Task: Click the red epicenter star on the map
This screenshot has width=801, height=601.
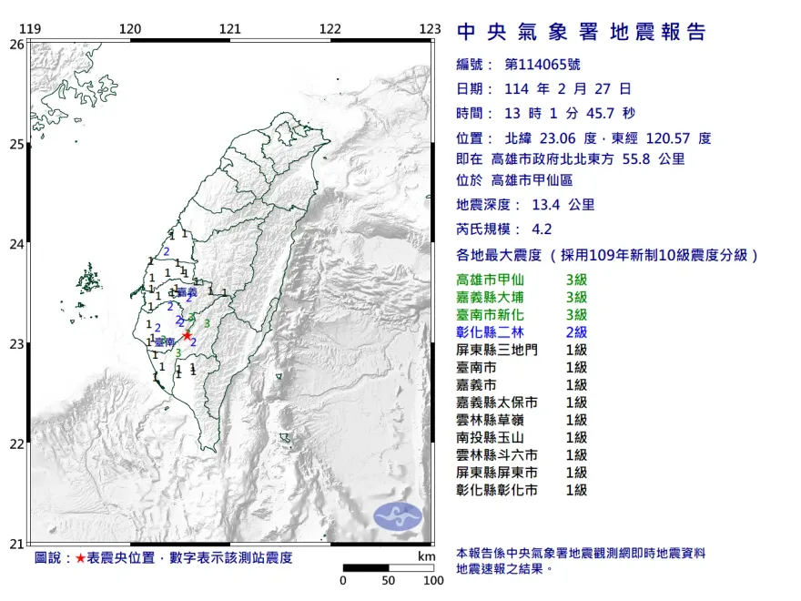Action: [188, 335]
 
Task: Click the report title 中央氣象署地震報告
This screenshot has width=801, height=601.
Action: [582, 34]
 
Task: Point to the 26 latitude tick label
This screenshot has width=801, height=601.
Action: [16, 44]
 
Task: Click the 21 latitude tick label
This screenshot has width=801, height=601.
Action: [16, 544]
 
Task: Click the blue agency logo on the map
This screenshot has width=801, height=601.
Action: [399, 515]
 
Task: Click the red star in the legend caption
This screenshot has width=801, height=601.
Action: [81, 557]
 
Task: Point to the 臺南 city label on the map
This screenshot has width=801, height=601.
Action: [164, 341]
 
